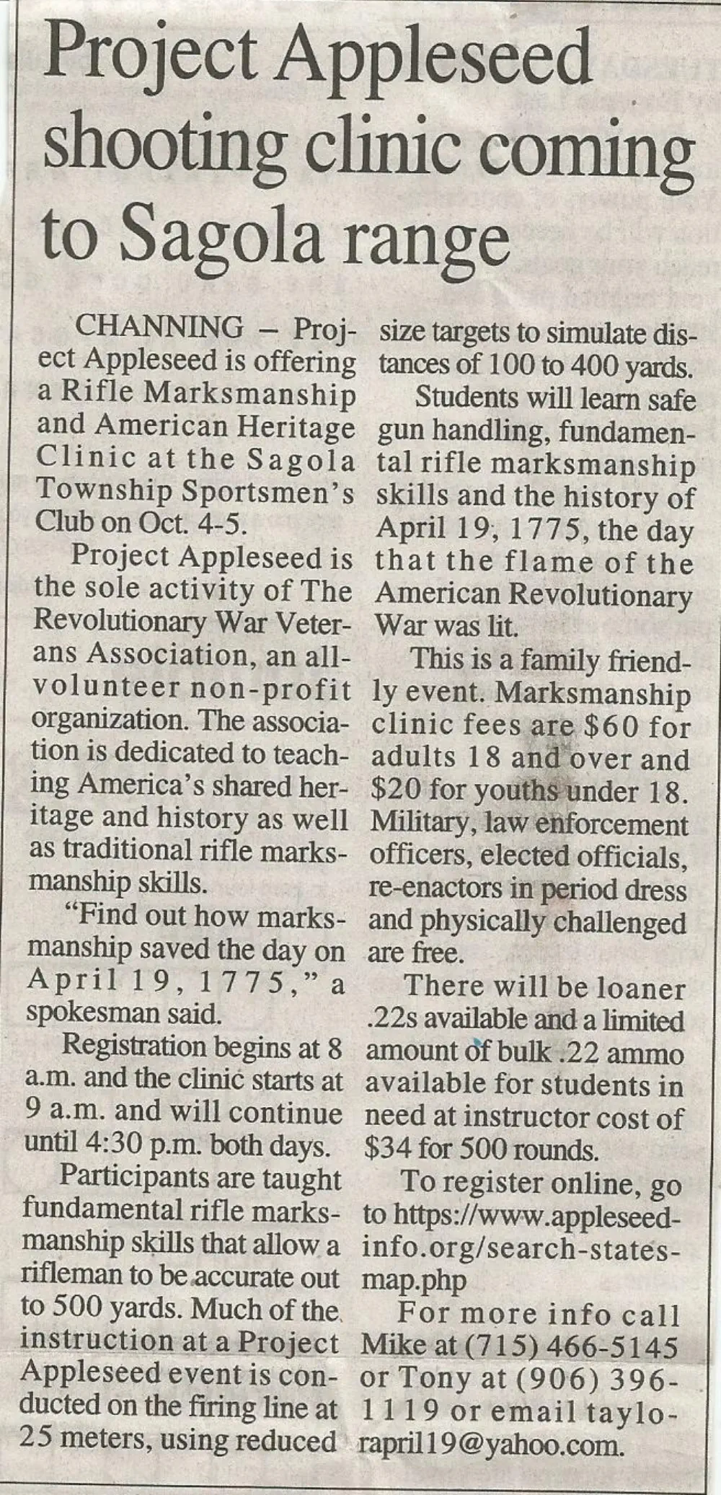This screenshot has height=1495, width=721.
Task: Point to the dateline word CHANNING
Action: pyautogui.click(x=160, y=327)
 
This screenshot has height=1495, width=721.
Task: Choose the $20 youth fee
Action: pyautogui.click(x=396, y=791)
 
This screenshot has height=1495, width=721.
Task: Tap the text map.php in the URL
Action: pyautogui.click(x=413, y=1280)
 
